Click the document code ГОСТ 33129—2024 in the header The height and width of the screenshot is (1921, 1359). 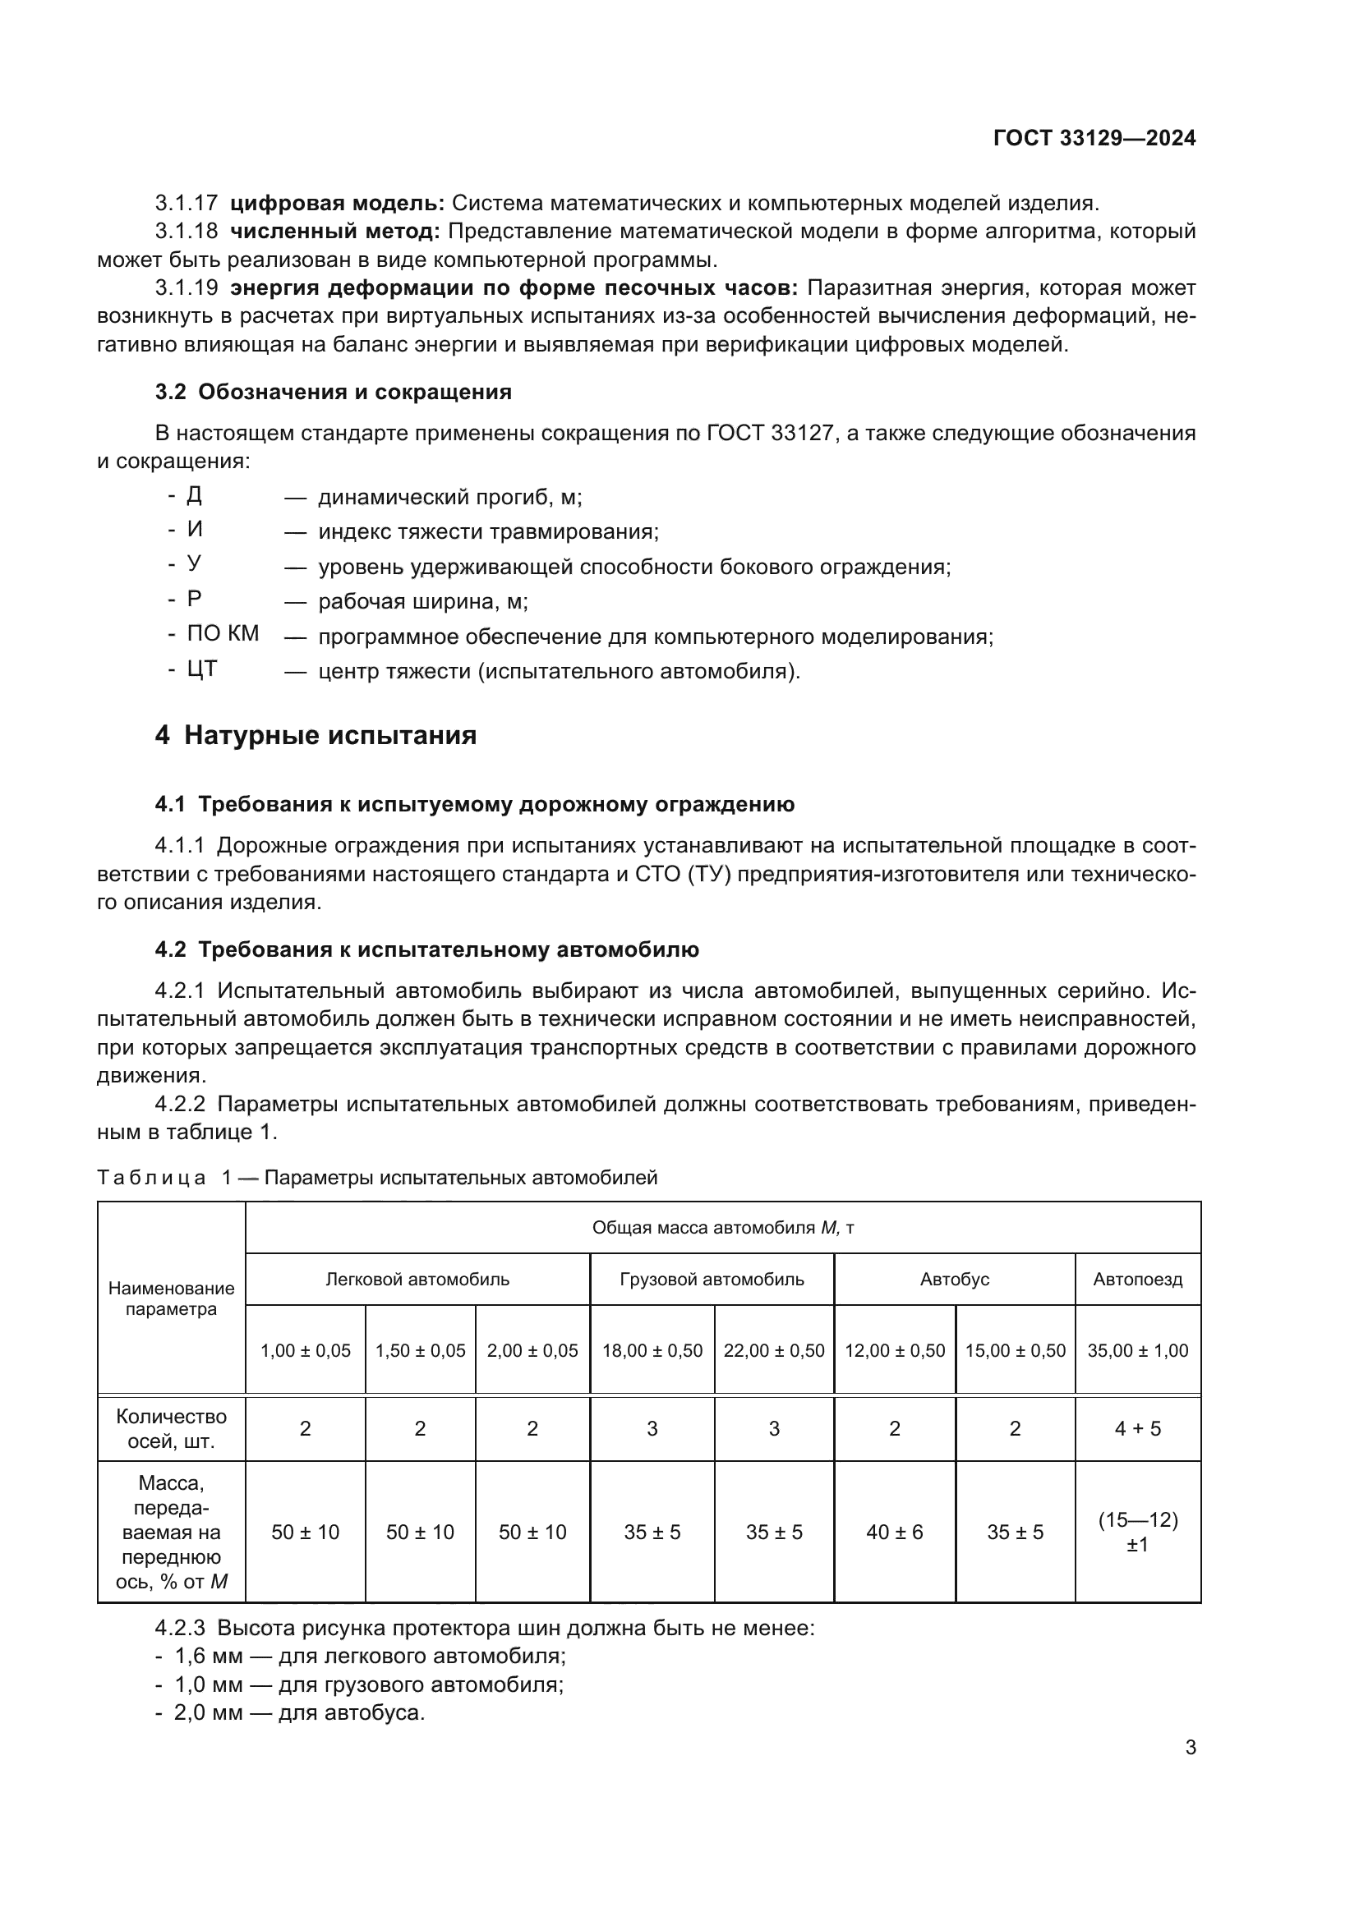coord(1094,138)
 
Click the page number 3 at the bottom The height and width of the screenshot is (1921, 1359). coord(1190,1747)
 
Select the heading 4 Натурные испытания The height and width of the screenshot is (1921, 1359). coord(316,735)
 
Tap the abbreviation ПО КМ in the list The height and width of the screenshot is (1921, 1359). coord(223,633)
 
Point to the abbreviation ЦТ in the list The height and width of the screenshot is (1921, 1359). coord(201,669)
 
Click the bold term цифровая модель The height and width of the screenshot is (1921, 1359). coord(337,203)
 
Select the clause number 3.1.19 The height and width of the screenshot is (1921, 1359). coord(186,287)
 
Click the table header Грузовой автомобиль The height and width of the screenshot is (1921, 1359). coord(712,1279)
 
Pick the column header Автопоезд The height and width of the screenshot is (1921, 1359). coord(1137,1279)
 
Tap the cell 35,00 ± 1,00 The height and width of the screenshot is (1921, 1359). coord(1137,1350)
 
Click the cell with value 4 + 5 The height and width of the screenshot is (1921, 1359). coord(1137,1428)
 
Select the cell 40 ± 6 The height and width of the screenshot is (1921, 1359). coord(894,1532)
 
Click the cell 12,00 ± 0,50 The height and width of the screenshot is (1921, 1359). coord(894,1350)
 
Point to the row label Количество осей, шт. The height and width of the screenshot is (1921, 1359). coord(171,1428)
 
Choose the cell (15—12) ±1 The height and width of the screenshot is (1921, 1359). coord(1137,1532)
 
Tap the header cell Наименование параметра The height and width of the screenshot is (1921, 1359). coord(171,1298)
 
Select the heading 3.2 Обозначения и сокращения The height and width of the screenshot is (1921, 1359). coord(333,392)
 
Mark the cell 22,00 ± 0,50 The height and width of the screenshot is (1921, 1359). coord(773,1350)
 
